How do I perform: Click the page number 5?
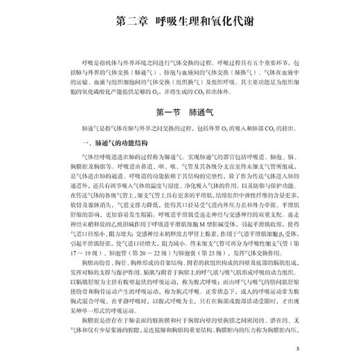[296, 350]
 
